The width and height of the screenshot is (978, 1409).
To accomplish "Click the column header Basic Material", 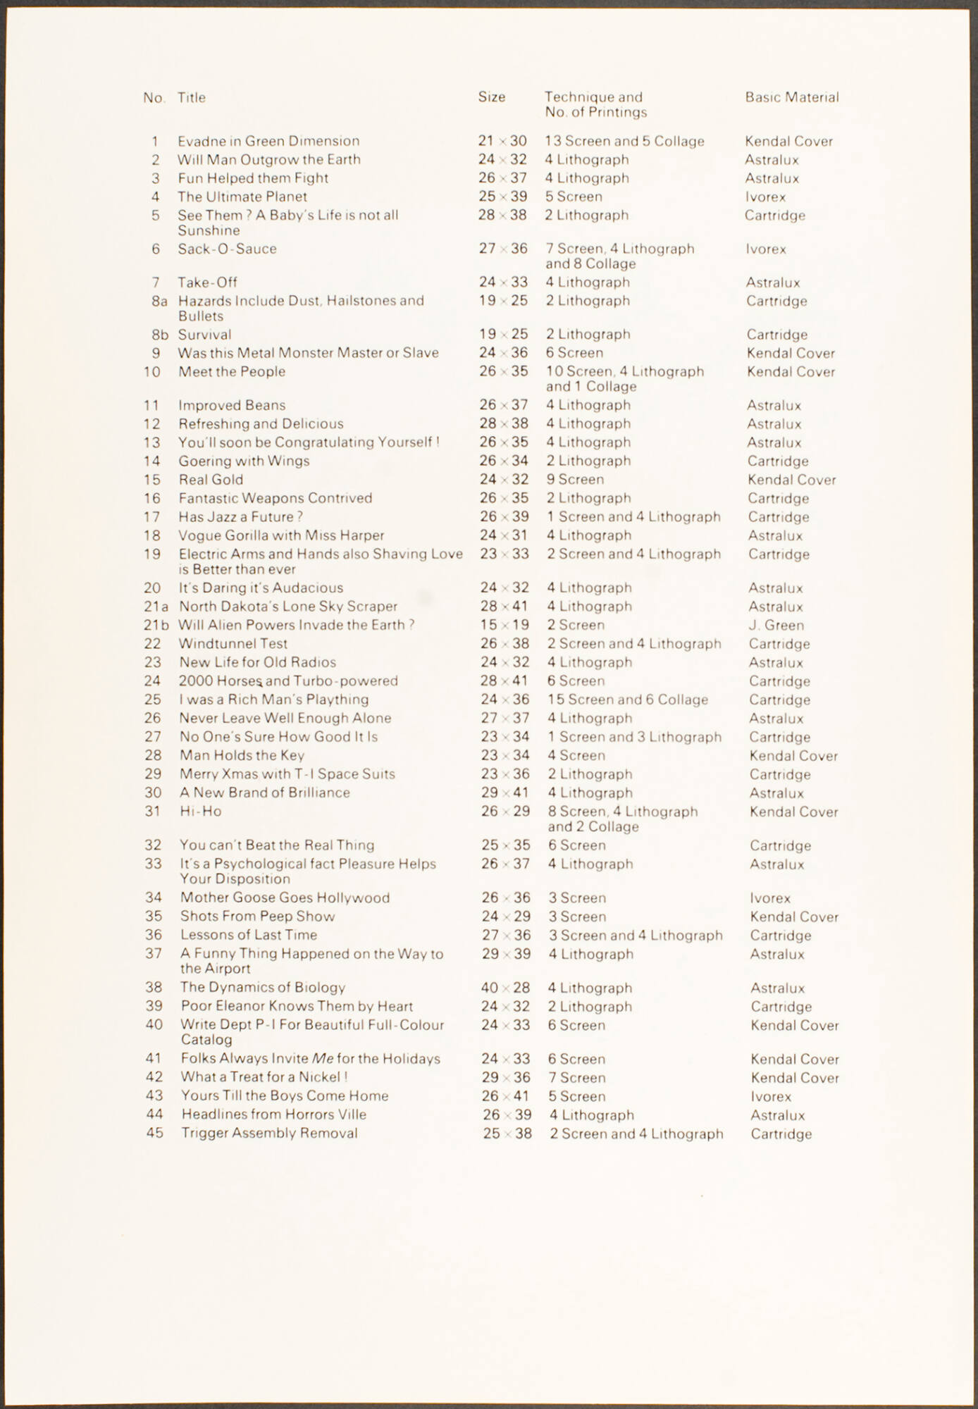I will (792, 97).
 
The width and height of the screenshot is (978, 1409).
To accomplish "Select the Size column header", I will (491, 97).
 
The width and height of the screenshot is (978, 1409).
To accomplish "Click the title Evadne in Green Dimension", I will (268, 141).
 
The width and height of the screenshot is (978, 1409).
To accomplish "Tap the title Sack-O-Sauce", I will (227, 249).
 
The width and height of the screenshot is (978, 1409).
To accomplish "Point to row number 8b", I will (160, 335).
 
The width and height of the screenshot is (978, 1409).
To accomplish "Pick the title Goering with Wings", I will (244, 461).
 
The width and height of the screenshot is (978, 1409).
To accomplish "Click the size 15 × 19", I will (504, 625).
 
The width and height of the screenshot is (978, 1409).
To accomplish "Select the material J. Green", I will (776, 625).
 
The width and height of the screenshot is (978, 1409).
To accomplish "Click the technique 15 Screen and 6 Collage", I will (628, 700).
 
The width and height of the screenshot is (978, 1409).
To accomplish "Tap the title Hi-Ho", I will (201, 811).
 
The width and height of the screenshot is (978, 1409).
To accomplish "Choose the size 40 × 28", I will (505, 988).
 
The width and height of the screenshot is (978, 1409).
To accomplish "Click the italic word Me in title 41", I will (323, 1058).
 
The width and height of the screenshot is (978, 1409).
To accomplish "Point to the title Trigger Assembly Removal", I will (269, 1133).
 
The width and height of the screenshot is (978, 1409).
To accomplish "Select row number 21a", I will (156, 607).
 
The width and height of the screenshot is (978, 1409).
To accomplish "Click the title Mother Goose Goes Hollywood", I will (285, 898).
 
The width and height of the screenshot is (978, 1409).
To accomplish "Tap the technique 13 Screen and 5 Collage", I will (624, 141).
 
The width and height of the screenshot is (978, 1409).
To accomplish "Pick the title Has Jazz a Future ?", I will (240, 516).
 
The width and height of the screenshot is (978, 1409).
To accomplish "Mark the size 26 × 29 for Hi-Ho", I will (505, 812).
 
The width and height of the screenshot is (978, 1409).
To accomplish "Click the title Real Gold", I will (211, 480).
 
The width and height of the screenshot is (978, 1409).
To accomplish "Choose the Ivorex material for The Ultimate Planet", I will (765, 197).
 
